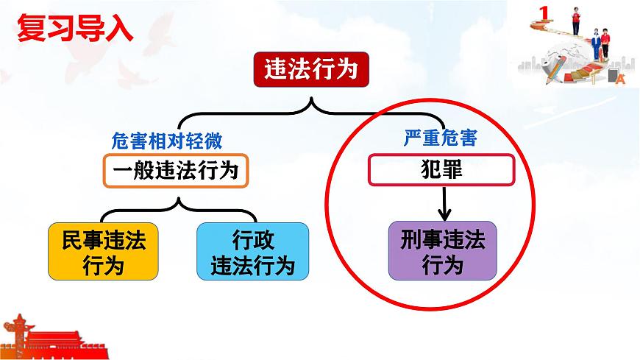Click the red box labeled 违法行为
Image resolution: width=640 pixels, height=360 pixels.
pos(310,71)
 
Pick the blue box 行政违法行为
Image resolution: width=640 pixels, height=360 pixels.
pos(252,251)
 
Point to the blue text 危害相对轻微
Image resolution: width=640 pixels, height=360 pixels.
pos(166,138)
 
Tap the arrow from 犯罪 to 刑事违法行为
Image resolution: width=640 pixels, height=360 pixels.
pos(443,204)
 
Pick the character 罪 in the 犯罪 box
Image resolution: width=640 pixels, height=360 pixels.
pos(454,171)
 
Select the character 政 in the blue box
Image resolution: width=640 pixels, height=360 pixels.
pos(263,240)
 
